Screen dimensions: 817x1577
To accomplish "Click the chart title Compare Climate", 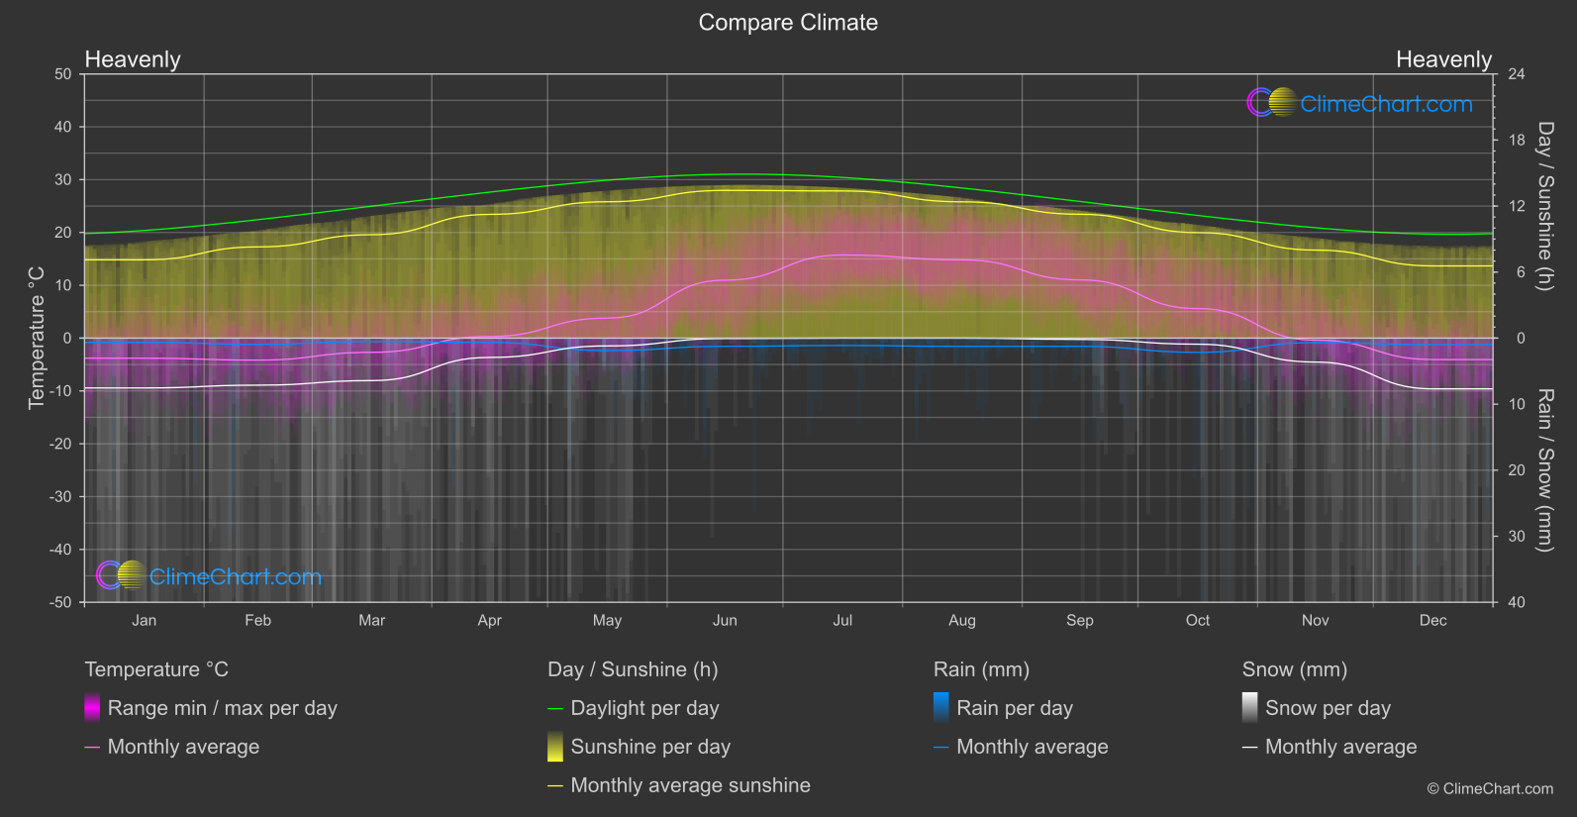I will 788,23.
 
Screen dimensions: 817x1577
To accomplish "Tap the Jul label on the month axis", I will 842,620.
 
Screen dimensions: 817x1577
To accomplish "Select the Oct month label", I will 1197,620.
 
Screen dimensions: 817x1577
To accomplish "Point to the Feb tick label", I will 257,620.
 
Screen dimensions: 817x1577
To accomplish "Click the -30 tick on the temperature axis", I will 60,496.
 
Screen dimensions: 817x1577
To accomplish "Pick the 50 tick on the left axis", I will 63,74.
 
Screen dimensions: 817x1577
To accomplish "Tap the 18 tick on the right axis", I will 1517,140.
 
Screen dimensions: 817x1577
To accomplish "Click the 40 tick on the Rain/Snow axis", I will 1517,602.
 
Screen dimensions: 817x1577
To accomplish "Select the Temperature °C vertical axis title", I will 37,337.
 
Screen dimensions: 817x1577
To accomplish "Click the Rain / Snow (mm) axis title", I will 1545,469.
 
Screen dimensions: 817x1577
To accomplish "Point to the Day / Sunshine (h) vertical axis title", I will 1545,206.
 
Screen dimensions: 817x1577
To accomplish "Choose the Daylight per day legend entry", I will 644,708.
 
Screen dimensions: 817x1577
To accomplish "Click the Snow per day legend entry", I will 1328,708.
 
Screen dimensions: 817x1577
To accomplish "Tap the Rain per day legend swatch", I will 941,708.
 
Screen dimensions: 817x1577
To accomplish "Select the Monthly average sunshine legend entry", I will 690,785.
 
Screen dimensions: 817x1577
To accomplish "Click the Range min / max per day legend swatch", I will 92,708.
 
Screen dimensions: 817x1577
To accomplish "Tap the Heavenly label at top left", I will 133,59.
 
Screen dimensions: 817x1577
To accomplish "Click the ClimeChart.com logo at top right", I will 1359,103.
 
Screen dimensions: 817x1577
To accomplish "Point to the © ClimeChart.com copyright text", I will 1490,788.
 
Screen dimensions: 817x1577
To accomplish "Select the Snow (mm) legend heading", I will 1294,669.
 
